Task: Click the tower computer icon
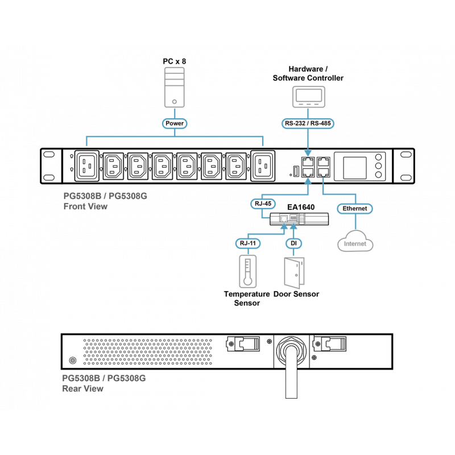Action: (x=175, y=86)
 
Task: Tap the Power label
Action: (x=175, y=123)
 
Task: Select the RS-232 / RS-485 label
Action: (x=308, y=122)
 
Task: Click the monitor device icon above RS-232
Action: (x=308, y=97)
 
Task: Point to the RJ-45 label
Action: (x=262, y=202)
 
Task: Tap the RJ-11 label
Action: (x=247, y=243)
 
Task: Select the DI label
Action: (x=293, y=243)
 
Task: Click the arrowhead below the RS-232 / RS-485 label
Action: (x=308, y=153)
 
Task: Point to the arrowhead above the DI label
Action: (x=293, y=226)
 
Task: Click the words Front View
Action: (x=85, y=207)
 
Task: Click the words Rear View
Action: (x=83, y=389)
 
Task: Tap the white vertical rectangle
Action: (x=291, y=374)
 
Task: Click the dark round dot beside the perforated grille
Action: (x=73, y=361)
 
